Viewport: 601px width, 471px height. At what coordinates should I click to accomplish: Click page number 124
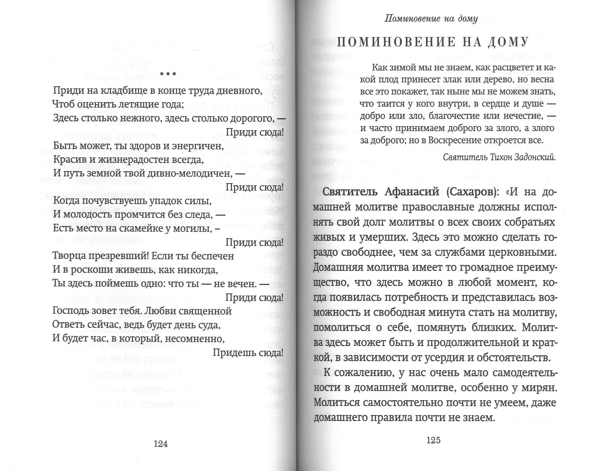coord(161,444)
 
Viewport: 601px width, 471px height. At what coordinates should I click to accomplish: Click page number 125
coord(434,440)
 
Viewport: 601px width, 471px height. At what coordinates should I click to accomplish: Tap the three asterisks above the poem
coord(168,74)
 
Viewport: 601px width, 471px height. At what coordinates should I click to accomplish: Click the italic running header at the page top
coord(431,19)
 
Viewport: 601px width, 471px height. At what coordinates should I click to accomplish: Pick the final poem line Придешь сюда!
coord(248,353)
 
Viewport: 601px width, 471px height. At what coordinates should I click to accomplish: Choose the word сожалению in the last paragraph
coord(364,373)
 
